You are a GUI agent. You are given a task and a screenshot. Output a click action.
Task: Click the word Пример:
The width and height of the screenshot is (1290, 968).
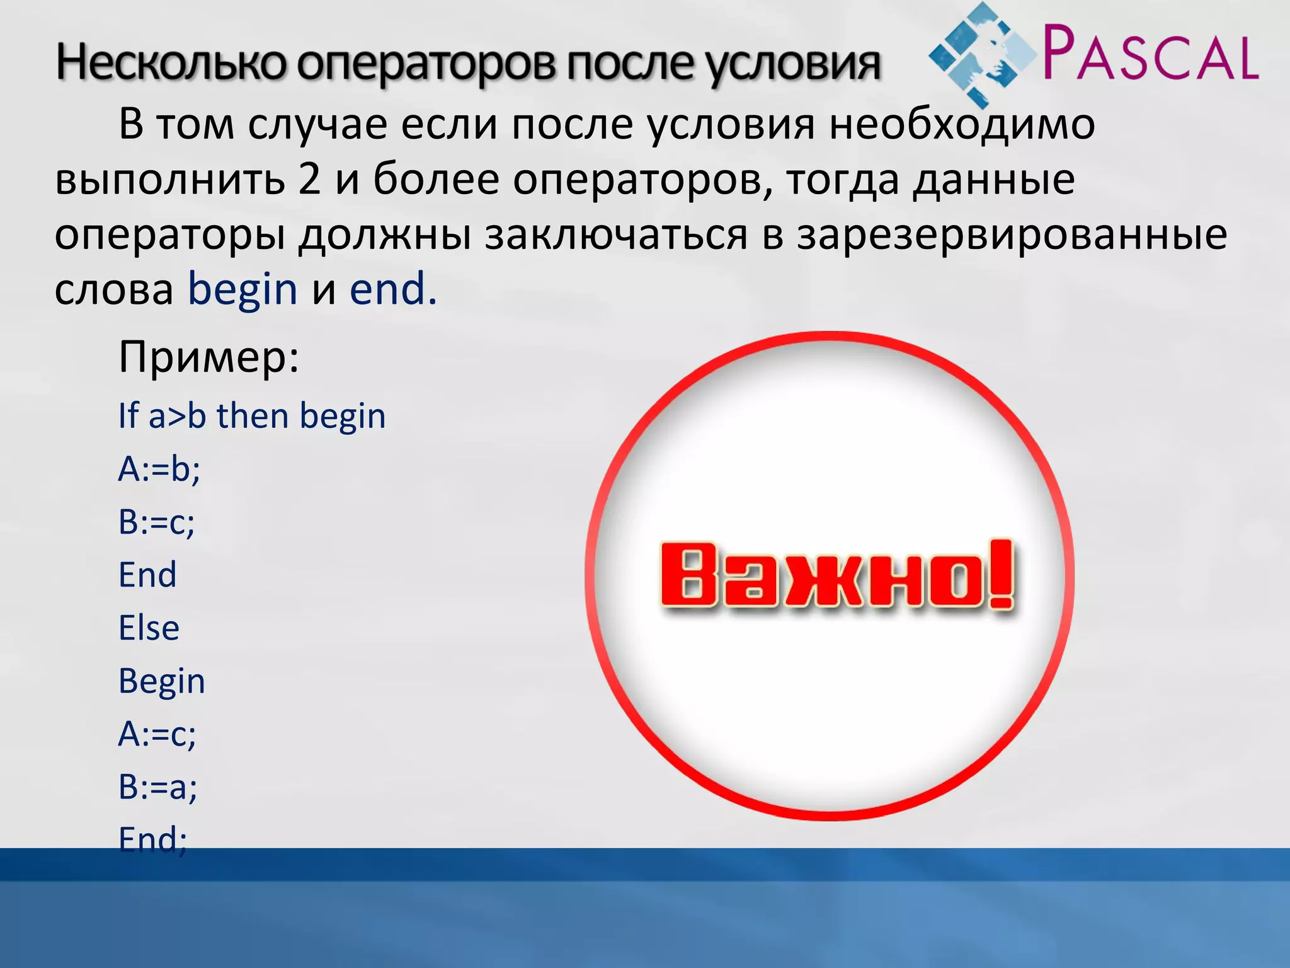point(208,357)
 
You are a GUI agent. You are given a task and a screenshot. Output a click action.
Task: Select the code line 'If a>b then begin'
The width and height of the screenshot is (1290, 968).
point(252,416)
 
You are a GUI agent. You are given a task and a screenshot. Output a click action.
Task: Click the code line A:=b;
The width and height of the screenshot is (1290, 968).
point(159,469)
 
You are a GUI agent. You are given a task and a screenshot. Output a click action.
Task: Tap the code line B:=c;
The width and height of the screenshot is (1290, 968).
point(157,522)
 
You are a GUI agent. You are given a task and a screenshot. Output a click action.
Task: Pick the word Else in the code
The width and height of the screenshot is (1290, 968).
point(149,628)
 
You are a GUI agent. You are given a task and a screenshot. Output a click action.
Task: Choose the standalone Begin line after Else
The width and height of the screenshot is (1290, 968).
point(162,681)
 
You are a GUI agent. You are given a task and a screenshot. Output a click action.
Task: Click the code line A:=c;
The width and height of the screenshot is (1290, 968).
point(157,734)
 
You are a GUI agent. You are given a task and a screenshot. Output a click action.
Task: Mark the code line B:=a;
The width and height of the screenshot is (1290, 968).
point(158,787)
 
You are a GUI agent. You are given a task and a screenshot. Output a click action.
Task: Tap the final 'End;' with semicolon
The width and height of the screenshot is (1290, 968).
point(153,839)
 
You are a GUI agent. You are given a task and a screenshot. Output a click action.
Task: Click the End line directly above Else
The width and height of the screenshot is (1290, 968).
point(147,575)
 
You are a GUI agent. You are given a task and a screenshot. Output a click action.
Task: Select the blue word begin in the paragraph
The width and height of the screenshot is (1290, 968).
point(243,290)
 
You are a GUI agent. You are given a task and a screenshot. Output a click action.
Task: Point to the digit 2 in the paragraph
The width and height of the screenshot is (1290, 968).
point(309,179)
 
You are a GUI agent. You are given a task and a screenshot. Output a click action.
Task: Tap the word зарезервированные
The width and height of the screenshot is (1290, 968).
point(1012,234)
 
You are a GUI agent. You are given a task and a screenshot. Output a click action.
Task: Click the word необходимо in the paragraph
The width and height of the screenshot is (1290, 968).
point(962,124)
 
